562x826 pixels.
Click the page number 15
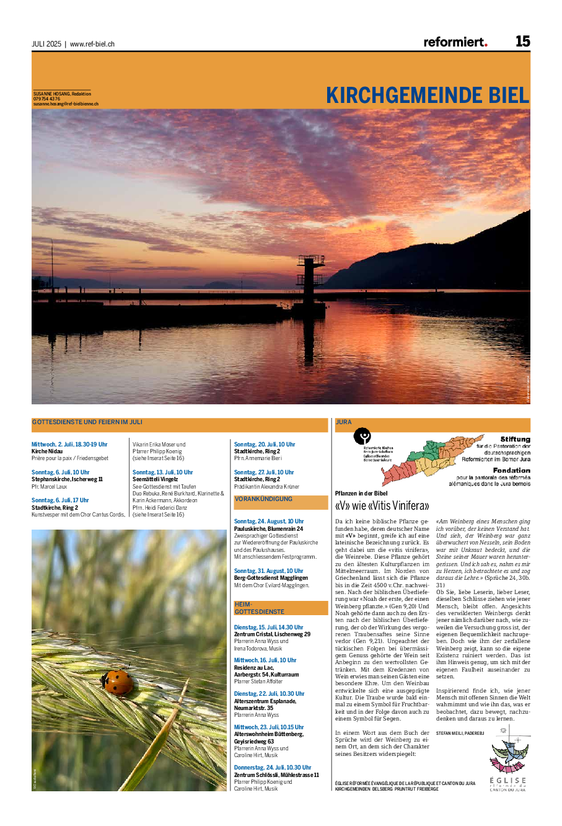522,42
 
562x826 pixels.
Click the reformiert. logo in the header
455,42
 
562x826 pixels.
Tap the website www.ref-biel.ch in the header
92,44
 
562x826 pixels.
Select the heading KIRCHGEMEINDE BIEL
428,95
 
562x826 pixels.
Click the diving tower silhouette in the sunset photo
309,276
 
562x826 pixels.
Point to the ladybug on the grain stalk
118,682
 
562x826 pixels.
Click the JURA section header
344,422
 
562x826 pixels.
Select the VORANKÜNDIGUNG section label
263,499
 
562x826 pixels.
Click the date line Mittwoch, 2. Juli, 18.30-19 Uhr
69,445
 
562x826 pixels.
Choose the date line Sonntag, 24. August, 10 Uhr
269,522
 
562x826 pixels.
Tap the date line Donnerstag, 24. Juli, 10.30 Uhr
273,768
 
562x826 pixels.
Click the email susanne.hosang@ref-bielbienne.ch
66,104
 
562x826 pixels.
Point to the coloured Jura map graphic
426,460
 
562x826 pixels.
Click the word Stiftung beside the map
515,439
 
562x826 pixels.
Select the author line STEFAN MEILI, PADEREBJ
460,733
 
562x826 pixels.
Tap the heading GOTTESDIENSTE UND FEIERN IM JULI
87,422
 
